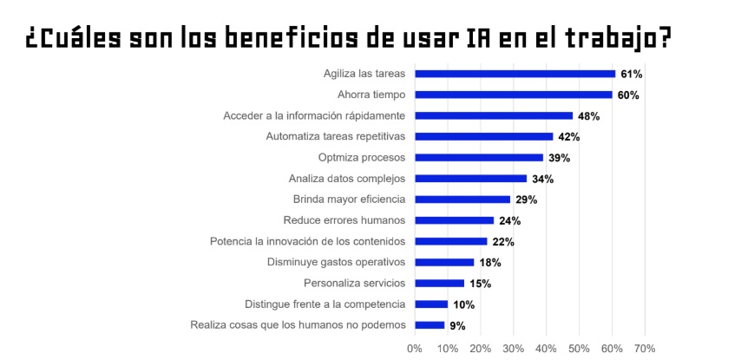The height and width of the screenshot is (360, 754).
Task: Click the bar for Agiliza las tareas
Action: [x=515, y=74]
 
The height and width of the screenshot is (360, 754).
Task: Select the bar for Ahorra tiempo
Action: [x=513, y=95]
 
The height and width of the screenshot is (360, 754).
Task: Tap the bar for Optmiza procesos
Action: [x=479, y=158]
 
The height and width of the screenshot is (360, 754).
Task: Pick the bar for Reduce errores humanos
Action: [x=454, y=220]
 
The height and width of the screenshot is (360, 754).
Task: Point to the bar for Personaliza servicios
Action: [x=439, y=283]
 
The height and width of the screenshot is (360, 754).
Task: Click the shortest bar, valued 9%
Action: [x=429, y=325]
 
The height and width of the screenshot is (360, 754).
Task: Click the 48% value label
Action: [x=588, y=115]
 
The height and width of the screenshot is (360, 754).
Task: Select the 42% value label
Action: [x=568, y=137]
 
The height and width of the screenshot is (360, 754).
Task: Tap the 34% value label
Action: [x=542, y=179]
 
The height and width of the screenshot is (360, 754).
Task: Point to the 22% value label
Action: [x=503, y=242]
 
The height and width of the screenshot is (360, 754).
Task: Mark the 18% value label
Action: [x=490, y=263]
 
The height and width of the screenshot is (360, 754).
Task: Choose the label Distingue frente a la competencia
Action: [x=325, y=304]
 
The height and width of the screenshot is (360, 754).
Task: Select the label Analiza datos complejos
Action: [x=347, y=179]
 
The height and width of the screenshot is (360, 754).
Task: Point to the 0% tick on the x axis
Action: [x=415, y=349]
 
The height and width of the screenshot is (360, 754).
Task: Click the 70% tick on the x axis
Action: [x=644, y=349]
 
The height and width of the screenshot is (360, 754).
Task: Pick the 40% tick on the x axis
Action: [x=546, y=349]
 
